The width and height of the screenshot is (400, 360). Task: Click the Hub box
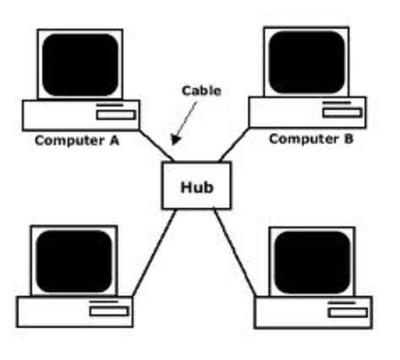pyautogui.click(x=196, y=185)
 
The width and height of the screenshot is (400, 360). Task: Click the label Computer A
pyautogui.click(x=76, y=139)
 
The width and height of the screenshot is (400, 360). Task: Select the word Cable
pyautogui.click(x=201, y=91)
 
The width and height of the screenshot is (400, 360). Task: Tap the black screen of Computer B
pyautogui.click(x=306, y=61)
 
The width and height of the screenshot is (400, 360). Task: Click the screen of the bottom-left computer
pyautogui.click(x=73, y=260)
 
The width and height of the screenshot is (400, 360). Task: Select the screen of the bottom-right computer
pyautogui.click(x=312, y=262)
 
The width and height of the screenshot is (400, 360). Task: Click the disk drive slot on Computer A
pyautogui.click(x=117, y=115)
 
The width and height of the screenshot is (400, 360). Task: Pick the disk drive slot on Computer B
pyautogui.click(x=342, y=112)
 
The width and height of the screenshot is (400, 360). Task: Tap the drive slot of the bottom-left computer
pyautogui.click(x=109, y=310)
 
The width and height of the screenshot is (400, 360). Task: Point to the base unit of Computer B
pyautogui.click(x=285, y=112)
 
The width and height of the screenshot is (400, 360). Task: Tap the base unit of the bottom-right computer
pyautogui.click(x=292, y=313)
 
